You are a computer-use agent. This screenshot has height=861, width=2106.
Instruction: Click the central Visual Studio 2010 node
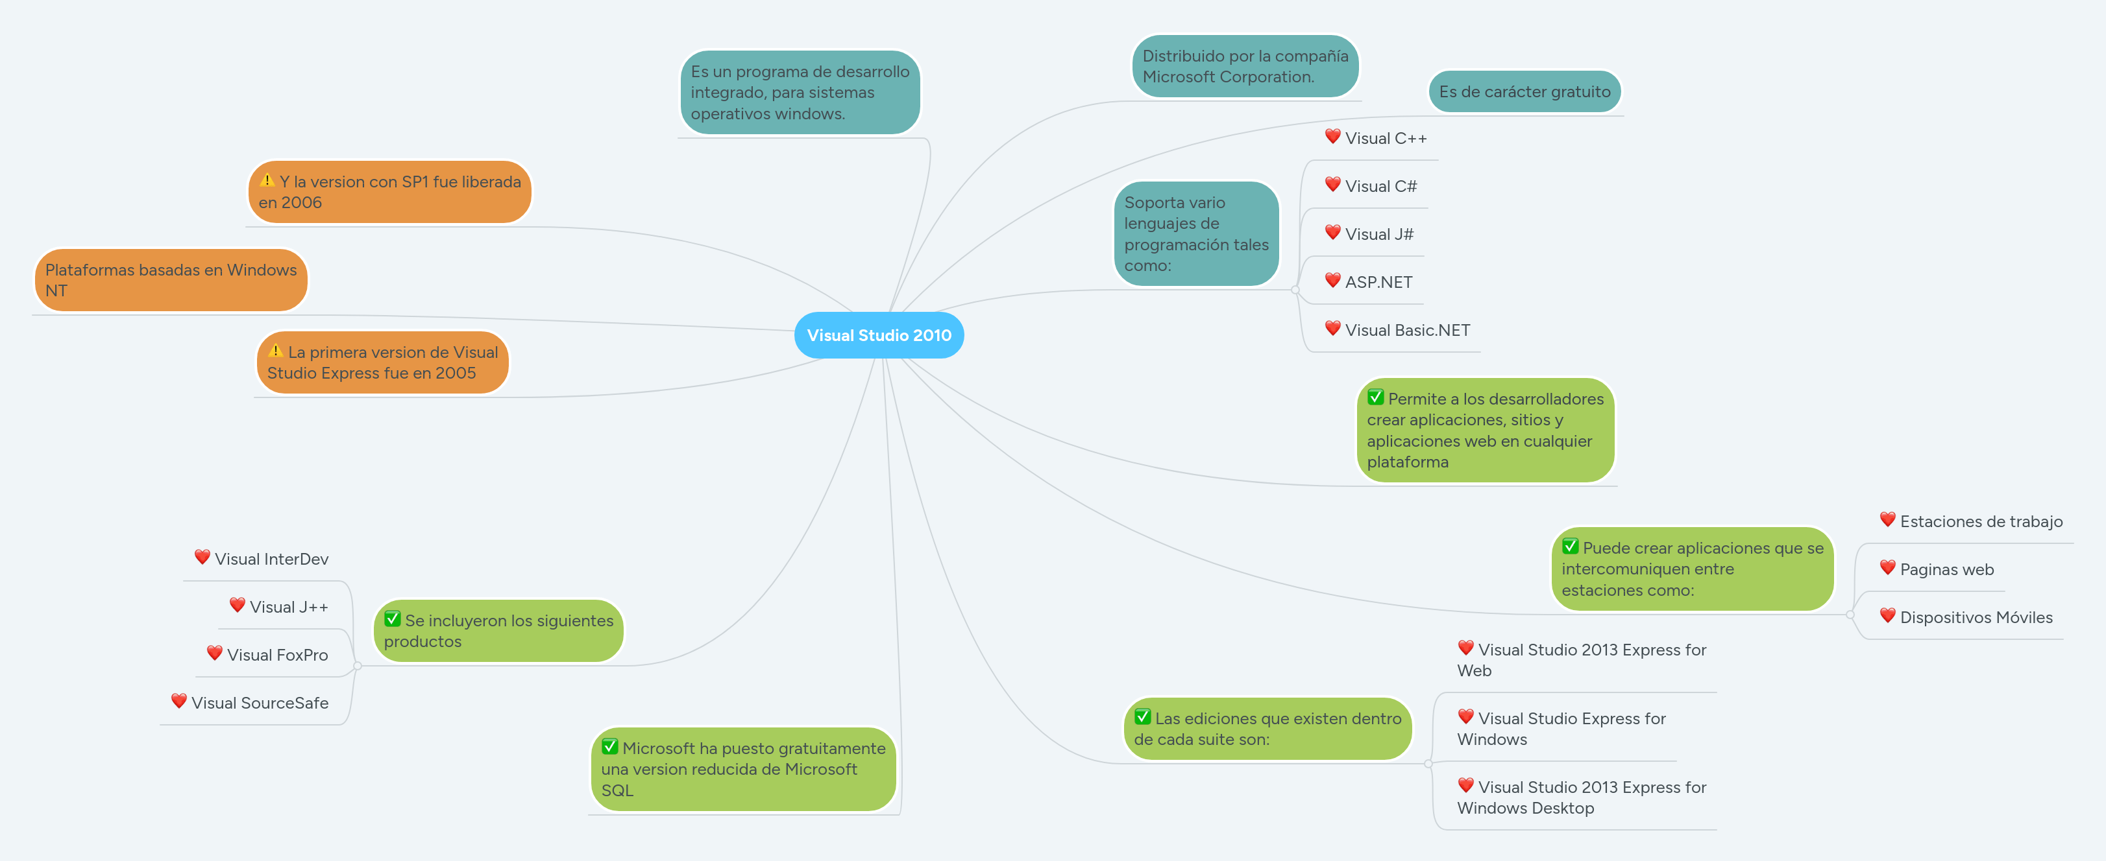click(x=879, y=335)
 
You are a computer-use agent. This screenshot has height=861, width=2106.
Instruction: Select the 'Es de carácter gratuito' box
click(x=1524, y=91)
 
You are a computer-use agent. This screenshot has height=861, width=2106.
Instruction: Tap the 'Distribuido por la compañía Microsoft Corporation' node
click(x=1244, y=66)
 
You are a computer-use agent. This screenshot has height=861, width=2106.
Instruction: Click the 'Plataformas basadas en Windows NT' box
click(x=170, y=280)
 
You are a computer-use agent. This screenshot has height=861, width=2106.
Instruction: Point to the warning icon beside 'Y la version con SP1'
click(x=267, y=180)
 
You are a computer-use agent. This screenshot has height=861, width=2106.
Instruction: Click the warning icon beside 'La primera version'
click(x=276, y=351)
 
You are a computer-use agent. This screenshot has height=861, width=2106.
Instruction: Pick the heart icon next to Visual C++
click(x=1332, y=136)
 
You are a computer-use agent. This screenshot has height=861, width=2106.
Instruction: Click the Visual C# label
click(x=1381, y=186)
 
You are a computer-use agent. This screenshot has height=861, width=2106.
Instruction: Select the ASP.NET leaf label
click(x=1378, y=282)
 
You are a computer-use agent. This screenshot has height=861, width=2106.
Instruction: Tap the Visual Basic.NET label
click(x=1407, y=330)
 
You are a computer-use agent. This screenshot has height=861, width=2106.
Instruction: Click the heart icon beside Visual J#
click(x=1332, y=233)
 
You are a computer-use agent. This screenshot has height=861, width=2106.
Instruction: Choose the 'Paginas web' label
click(x=1946, y=569)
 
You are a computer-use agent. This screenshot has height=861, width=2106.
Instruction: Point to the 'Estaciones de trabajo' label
click(x=1981, y=521)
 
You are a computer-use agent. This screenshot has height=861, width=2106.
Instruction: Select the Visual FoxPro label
click(x=277, y=655)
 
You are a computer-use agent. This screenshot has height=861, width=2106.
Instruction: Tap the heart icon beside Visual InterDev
click(x=202, y=557)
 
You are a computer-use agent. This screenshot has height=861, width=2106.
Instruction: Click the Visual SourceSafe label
click(x=259, y=703)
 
